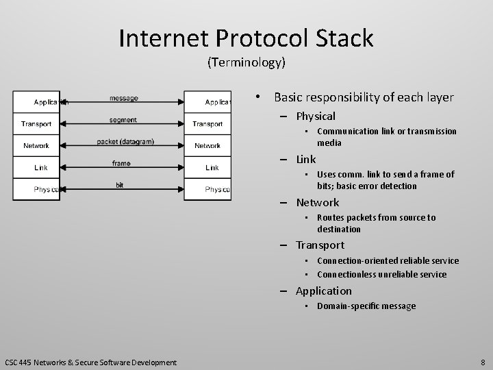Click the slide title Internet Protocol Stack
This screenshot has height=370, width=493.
[246, 38]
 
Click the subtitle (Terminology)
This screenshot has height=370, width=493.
[246, 63]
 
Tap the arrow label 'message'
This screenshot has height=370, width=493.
[123, 98]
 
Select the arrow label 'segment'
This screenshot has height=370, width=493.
[123, 120]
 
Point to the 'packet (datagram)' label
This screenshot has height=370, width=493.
[125, 142]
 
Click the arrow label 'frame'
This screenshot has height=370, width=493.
[121, 163]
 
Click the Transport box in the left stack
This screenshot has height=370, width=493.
[36, 124]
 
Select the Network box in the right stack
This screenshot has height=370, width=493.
[207, 145]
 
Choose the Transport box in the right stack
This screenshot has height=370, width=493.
[207, 124]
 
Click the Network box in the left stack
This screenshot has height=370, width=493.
[36, 145]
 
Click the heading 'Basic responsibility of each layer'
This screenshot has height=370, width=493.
[364, 97]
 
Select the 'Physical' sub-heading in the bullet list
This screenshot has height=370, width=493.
[316, 116]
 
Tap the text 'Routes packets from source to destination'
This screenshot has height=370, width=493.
[376, 223]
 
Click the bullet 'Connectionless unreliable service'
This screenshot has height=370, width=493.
[381, 274]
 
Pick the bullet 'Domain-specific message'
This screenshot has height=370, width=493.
[366, 306]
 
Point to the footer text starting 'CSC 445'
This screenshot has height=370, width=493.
[90, 362]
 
